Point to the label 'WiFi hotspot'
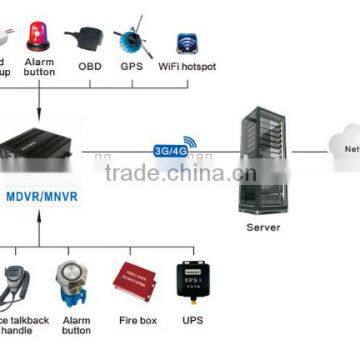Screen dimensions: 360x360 (x=186, y=67)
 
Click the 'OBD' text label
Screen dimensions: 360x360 (x=88, y=67)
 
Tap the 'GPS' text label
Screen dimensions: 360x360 (x=130, y=67)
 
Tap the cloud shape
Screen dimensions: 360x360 (x=339, y=146)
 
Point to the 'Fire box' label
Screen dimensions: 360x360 (x=133, y=319)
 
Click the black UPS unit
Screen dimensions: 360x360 (x=191, y=285)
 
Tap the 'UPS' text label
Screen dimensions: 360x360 (x=192, y=319)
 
